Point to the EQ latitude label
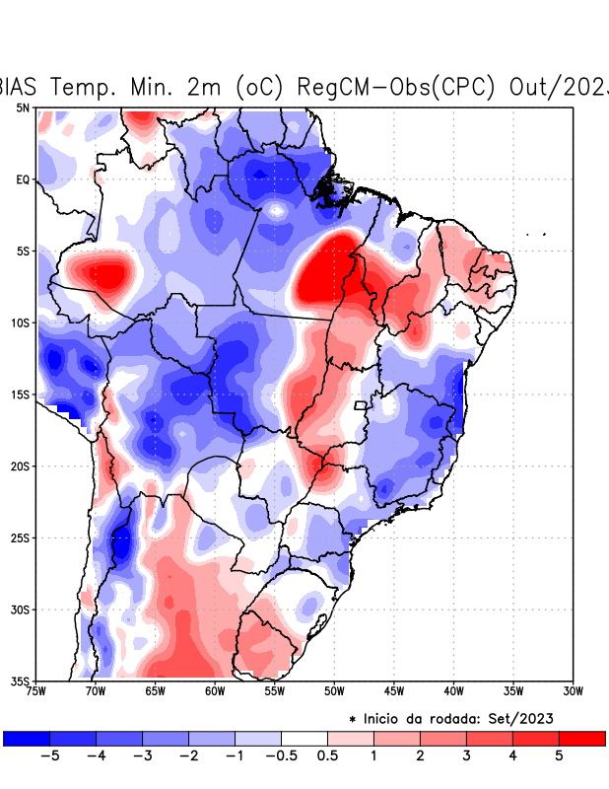coord(23,179)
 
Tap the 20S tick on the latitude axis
coord(21,466)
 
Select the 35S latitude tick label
coord(21,681)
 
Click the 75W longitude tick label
coord(37,691)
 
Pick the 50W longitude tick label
coord(334,691)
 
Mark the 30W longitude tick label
coord(574,691)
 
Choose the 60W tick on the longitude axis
coord(215,691)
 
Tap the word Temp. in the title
coord(84,87)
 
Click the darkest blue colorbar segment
coord(27,738)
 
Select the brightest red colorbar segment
coord(581,738)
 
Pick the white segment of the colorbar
coord(304,738)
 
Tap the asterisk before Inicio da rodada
coord(353,720)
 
